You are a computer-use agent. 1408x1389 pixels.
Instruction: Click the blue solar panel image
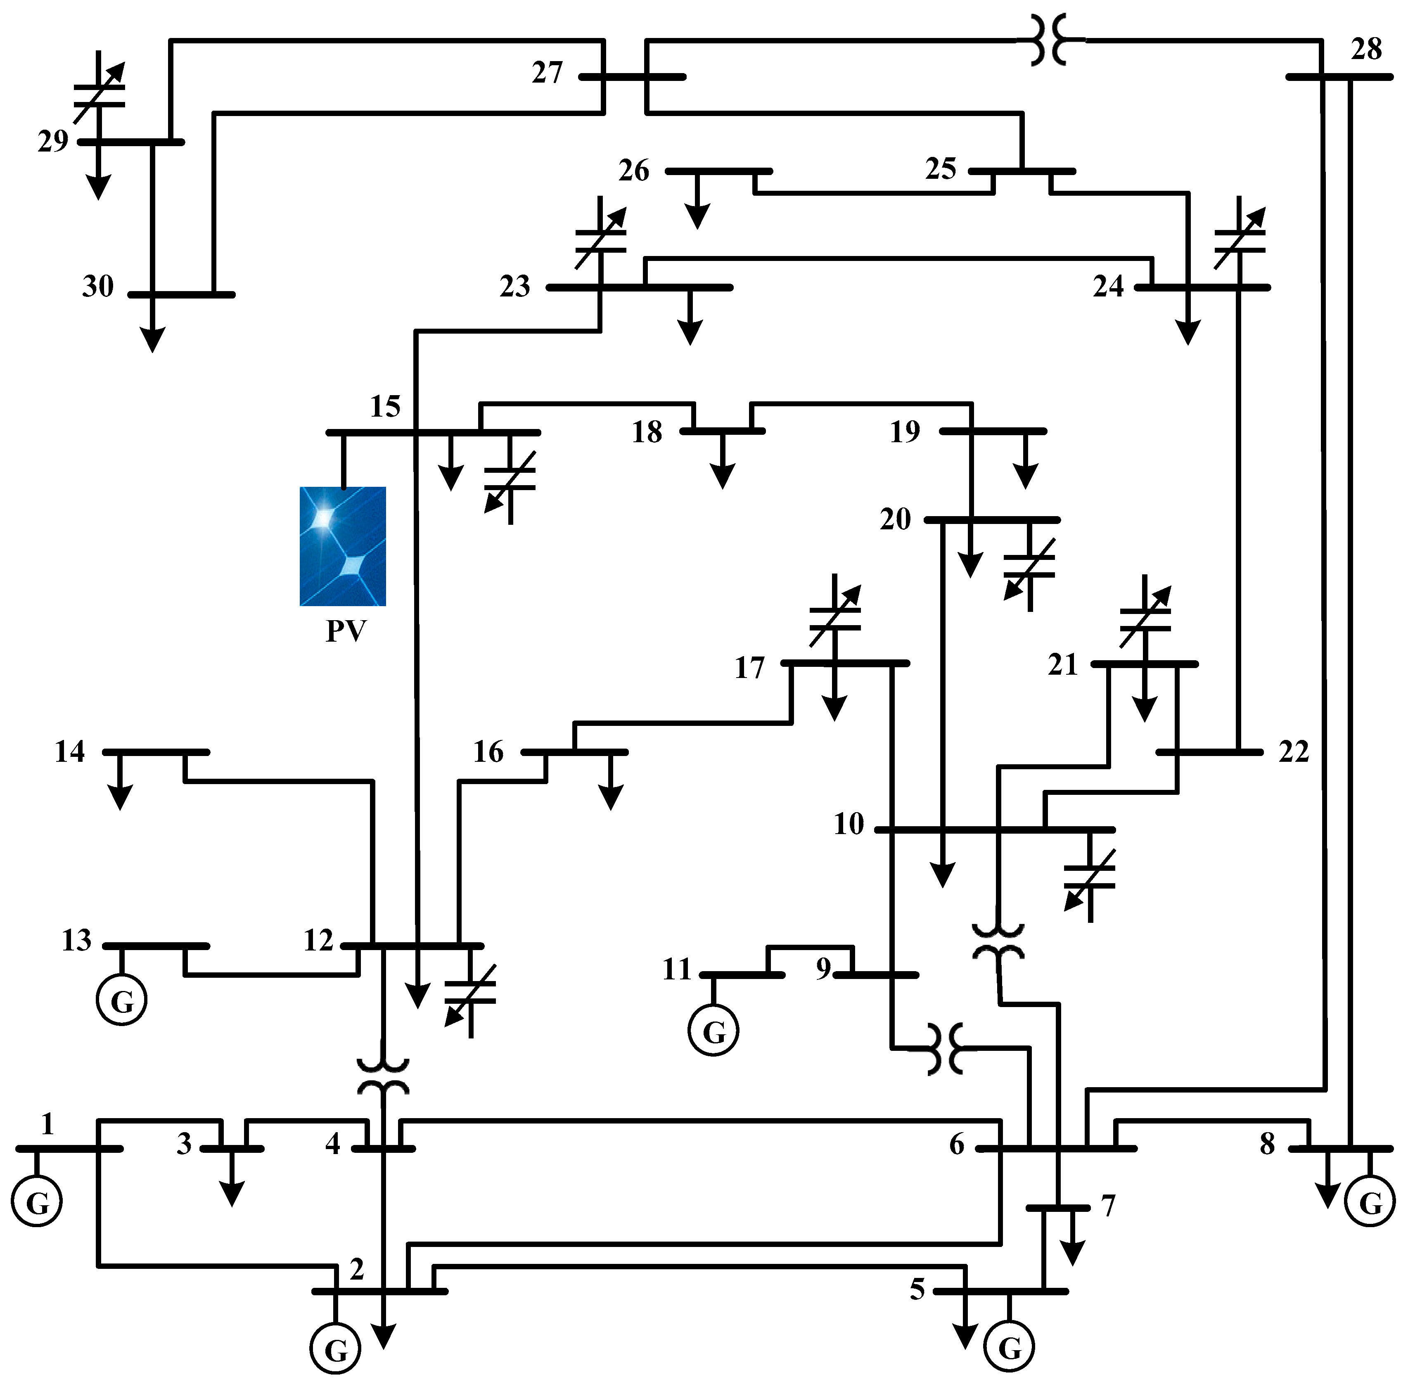tap(343, 547)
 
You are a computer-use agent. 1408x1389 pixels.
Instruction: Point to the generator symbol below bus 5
tap(1010, 1347)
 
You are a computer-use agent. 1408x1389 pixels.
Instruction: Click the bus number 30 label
tap(98, 287)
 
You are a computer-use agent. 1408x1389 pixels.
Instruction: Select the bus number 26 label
tap(633, 171)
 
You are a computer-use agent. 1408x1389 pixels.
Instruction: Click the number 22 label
tap(1294, 751)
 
